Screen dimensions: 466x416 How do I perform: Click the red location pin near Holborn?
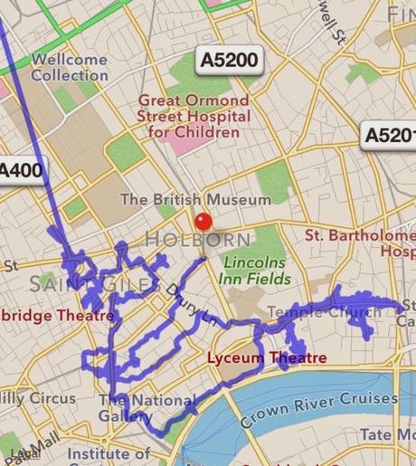[x=203, y=223]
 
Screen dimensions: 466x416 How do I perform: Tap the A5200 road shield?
[x=229, y=61]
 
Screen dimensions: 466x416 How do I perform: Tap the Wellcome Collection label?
[x=69, y=67]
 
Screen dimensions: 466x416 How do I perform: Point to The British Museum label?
[x=195, y=199]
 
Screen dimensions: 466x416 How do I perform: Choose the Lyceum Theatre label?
[x=267, y=358]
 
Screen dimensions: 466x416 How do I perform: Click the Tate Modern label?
[x=389, y=435]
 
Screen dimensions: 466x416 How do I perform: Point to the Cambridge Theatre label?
[x=56, y=316]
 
